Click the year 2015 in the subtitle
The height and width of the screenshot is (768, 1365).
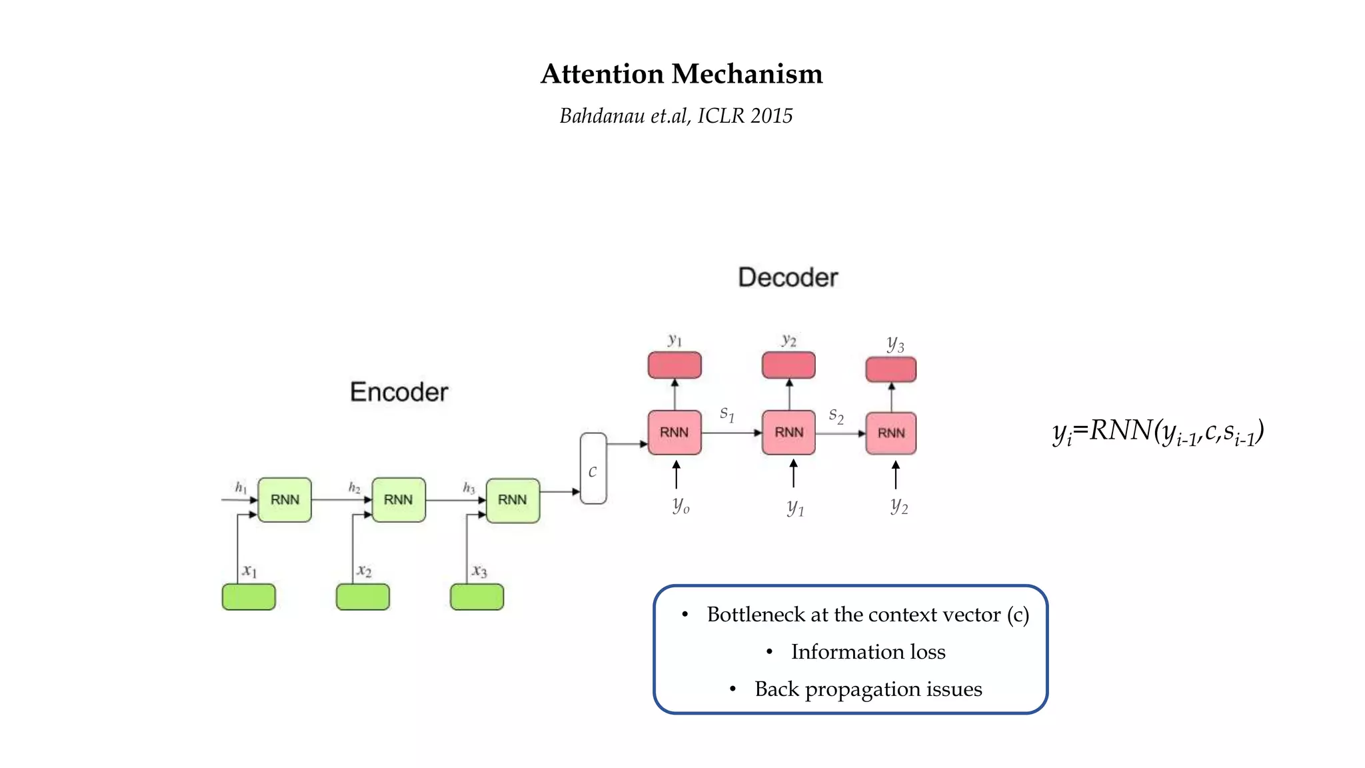(771, 116)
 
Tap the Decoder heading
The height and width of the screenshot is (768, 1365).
(787, 277)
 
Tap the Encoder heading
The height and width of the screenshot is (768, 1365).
(399, 392)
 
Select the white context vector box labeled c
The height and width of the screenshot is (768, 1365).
(593, 469)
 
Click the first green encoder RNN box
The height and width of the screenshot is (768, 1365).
(285, 500)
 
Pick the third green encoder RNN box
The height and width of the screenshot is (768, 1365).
(513, 500)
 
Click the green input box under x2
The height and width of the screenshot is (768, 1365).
(363, 597)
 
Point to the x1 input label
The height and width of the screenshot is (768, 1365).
(249, 571)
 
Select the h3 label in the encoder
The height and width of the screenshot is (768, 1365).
(469, 488)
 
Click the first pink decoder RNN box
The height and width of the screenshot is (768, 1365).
(674, 433)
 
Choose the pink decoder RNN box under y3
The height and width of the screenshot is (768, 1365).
(890, 433)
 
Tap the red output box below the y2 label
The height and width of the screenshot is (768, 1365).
(788, 365)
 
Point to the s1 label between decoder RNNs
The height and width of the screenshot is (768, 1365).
(726, 414)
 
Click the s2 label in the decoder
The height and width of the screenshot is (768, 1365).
(836, 416)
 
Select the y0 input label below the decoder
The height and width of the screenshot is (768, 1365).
(681, 505)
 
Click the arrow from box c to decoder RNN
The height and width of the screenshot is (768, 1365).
(627, 444)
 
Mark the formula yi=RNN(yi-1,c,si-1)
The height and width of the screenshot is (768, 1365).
(1158, 432)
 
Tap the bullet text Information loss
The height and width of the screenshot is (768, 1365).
(867, 652)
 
